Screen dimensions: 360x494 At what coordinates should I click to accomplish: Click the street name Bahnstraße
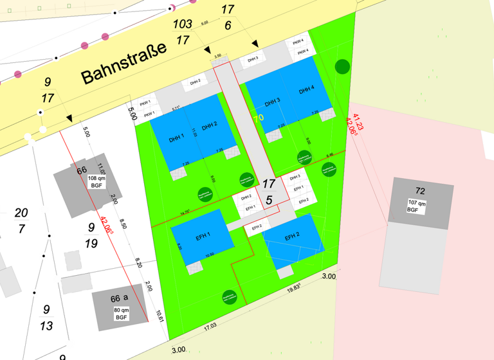pos(124,62)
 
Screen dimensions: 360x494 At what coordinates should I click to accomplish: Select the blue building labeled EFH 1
pos(201,237)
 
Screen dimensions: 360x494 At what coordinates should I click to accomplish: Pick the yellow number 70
pos(258,118)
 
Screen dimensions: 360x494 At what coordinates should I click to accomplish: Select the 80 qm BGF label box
pos(122,314)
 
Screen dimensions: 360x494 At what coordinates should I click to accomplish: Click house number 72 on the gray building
pos(420,191)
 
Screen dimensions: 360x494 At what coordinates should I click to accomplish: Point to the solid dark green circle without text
pos(342,66)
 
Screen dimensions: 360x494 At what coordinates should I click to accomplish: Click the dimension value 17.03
pos(208,327)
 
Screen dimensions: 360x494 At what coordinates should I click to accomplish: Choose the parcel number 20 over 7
pos(21,221)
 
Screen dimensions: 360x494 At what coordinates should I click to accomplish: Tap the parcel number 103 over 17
pos(183,32)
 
